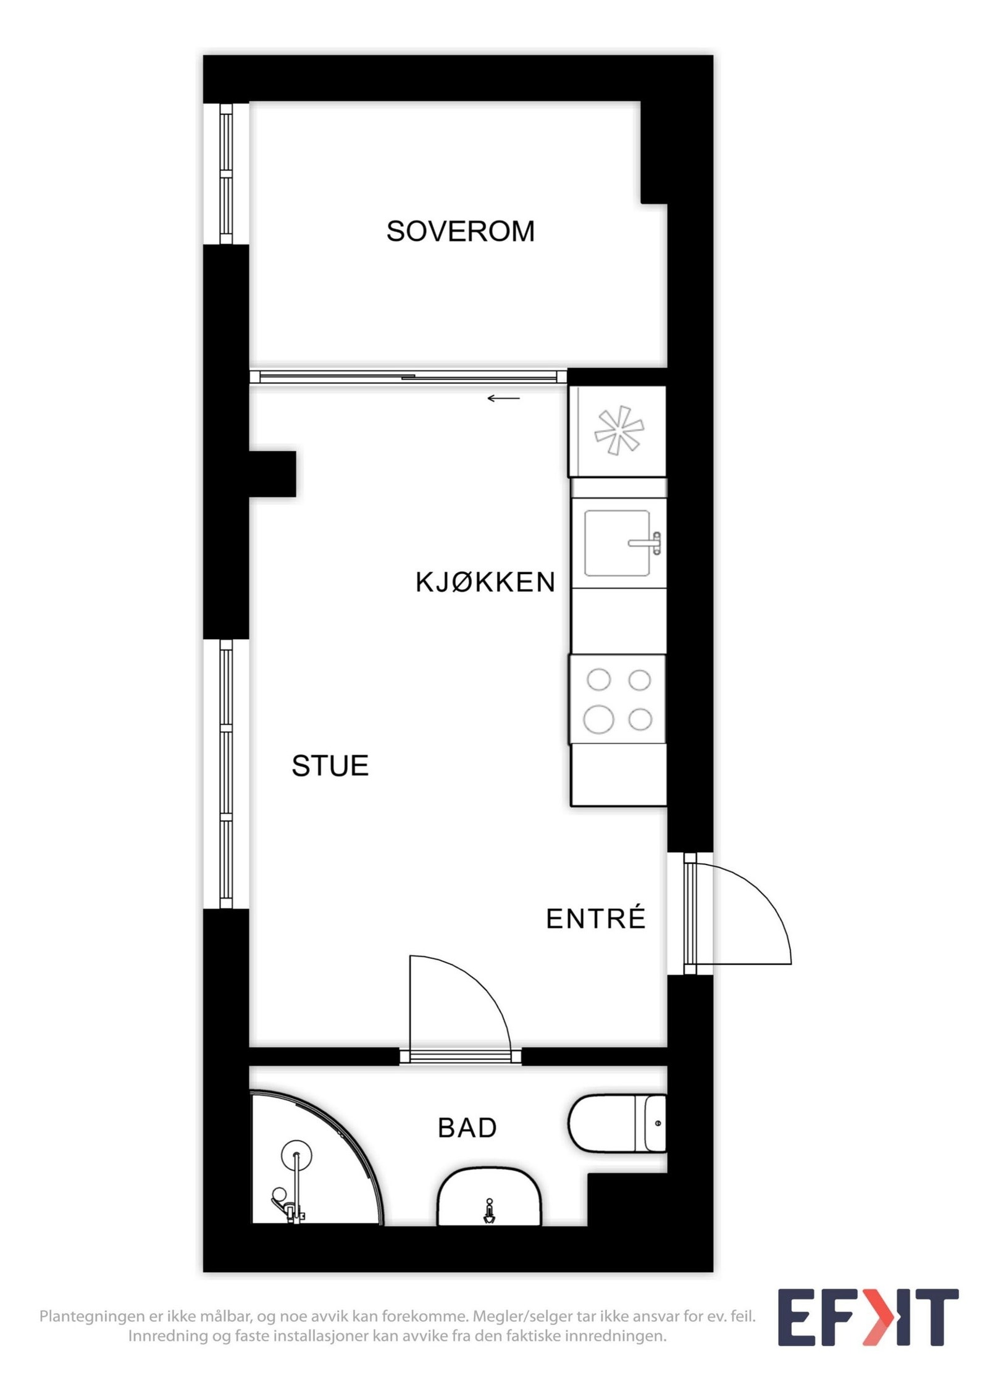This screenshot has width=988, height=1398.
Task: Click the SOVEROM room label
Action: (460, 231)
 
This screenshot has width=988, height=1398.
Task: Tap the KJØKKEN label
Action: (485, 582)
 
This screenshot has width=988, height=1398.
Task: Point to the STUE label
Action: (330, 766)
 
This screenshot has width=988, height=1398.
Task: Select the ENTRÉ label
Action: (595, 919)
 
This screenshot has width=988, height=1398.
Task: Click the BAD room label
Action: (467, 1128)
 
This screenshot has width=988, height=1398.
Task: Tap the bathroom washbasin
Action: (489, 1198)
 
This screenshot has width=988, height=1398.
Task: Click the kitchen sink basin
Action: (616, 543)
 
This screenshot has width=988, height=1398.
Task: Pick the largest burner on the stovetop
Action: (598, 719)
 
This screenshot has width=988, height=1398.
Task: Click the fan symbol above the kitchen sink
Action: (619, 430)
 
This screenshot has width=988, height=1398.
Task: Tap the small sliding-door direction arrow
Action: (504, 398)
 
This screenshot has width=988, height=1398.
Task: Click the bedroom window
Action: (226, 174)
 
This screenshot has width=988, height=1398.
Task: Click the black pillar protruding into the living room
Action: (272, 474)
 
